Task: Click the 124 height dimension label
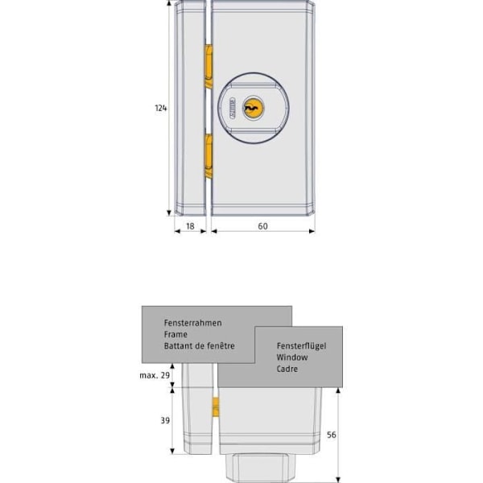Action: [x=161, y=108]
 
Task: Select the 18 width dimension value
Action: [x=190, y=226]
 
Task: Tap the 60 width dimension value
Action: [x=262, y=226]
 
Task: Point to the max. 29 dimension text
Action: [x=155, y=375]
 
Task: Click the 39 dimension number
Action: [x=165, y=420]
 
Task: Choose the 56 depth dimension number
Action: [x=332, y=435]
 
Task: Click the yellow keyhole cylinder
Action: [x=254, y=108]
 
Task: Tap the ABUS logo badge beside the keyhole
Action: [x=232, y=108]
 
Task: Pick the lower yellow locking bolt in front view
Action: [x=208, y=156]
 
